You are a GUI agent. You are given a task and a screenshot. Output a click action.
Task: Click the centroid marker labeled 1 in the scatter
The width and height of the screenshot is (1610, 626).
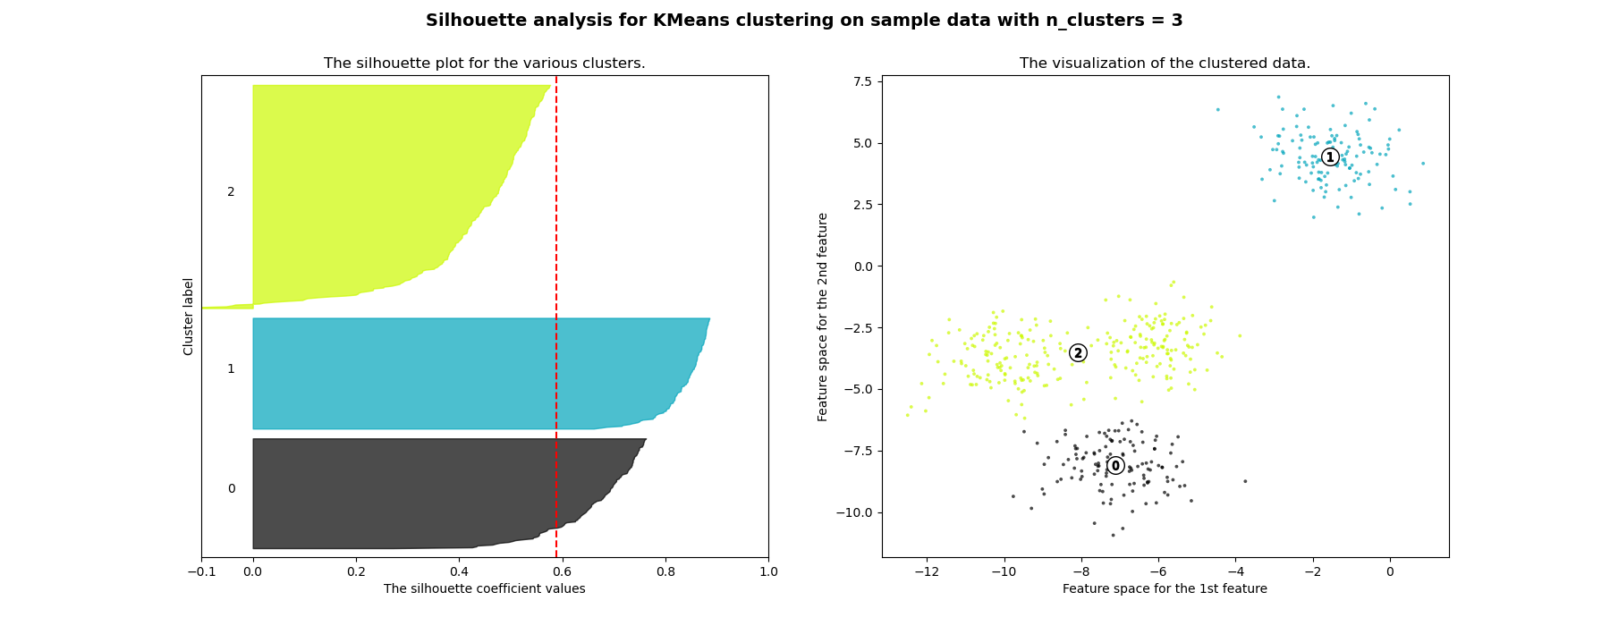tap(1330, 157)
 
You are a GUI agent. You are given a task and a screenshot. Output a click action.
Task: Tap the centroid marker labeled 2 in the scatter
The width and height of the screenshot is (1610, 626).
tap(1078, 353)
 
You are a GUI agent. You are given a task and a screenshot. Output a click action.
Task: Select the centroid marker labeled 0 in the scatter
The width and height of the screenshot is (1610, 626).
tap(1115, 466)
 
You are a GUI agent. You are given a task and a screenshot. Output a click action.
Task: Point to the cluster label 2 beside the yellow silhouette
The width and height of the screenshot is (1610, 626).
tap(231, 192)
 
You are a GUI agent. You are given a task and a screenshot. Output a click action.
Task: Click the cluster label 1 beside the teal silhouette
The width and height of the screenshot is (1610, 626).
tap(231, 368)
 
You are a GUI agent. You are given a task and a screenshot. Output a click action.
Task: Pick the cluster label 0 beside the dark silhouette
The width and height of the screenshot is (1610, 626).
tap(231, 488)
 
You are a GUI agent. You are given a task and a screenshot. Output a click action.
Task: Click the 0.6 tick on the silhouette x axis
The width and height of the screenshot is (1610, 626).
tap(563, 571)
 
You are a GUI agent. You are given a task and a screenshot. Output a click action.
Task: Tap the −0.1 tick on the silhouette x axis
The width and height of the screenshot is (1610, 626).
tap(201, 571)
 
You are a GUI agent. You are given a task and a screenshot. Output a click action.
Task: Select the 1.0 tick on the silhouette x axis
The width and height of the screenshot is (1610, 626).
tap(768, 571)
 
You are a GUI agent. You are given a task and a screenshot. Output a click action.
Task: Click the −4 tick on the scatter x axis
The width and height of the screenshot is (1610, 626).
tap(1235, 571)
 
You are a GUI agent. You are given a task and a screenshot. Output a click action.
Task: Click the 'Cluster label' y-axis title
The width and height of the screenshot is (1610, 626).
tap(189, 317)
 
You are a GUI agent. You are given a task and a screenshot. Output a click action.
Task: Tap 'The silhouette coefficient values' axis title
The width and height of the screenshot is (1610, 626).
tap(484, 588)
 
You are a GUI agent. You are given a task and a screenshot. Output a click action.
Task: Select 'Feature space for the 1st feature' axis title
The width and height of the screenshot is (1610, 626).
tap(1165, 588)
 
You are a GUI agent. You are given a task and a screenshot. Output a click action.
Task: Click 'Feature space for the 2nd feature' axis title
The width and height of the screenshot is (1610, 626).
tap(823, 317)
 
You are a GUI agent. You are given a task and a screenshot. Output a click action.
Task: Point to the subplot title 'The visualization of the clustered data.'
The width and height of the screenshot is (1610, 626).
tap(1165, 63)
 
